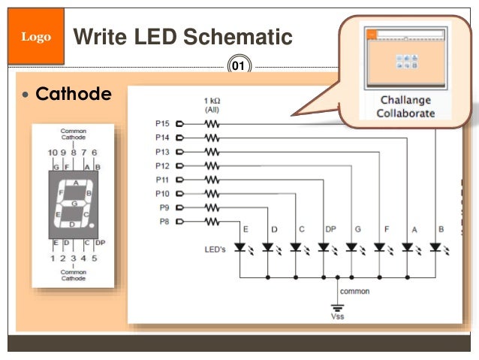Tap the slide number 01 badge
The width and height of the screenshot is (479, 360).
coord(239,67)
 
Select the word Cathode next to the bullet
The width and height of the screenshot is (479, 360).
coord(74,95)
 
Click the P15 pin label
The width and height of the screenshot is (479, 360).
coord(162,123)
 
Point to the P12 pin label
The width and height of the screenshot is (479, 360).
coord(162,165)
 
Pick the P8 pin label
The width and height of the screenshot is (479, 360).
coord(164,221)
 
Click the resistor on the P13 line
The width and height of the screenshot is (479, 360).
coord(212,151)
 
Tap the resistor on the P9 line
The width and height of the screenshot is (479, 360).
coord(212,207)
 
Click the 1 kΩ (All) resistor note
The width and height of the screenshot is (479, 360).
coord(212,104)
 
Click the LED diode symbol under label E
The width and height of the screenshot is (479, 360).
coord(240,247)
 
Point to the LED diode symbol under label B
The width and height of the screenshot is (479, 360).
coord(436,247)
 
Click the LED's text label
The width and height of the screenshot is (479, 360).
coord(215,249)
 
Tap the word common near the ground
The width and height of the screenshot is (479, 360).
coord(354,290)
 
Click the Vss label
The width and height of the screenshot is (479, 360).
coord(339,316)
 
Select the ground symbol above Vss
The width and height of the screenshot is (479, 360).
coord(339,305)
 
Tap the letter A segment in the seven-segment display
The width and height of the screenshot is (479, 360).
coord(75,183)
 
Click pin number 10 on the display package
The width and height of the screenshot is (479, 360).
coord(52,153)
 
